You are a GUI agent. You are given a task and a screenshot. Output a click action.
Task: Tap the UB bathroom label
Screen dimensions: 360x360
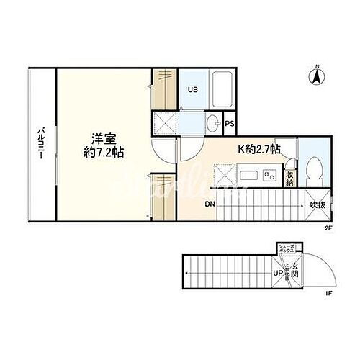pyautogui.click(x=193, y=90)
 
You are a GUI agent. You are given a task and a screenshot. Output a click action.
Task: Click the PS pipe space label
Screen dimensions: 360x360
pyautogui.click(x=230, y=124)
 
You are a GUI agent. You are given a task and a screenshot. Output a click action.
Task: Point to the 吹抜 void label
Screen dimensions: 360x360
pyautogui.click(x=318, y=204)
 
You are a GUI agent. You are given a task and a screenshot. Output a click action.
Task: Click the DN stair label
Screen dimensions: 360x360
pyautogui.click(x=210, y=204)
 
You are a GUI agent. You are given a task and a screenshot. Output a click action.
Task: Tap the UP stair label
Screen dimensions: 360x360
pyautogui.click(x=276, y=274)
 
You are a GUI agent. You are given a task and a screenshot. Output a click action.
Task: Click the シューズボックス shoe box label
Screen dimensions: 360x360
pyautogui.click(x=287, y=250)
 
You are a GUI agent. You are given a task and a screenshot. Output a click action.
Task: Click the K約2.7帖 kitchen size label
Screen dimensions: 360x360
pyautogui.click(x=260, y=150)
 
